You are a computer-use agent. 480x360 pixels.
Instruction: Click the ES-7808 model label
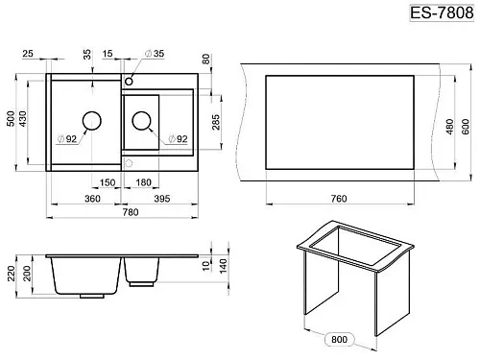pyautogui.click(x=442, y=13)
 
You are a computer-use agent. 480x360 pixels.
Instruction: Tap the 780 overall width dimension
pyautogui.click(x=131, y=212)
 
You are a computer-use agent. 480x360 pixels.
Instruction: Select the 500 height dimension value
pyautogui.click(x=11, y=119)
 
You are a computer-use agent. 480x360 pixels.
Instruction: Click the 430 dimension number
pyautogui.click(x=23, y=119)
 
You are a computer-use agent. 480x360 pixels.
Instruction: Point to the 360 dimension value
pyautogui.click(x=92, y=199)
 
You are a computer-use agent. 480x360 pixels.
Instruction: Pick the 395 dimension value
pyautogui.click(x=162, y=199)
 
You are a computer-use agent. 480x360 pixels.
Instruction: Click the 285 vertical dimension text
pyautogui.click(x=216, y=122)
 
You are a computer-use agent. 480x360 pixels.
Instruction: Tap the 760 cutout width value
pyautogui.click(x=339, y=199)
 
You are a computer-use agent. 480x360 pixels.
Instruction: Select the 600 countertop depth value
pyautogui.click(x=466, y=127)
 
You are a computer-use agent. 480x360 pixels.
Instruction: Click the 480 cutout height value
pyautogui.click(x=450, y=127)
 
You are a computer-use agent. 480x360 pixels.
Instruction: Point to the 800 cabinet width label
pyautogui.click(x=340, y=339)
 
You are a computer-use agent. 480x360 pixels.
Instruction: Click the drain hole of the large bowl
pyautogui.click(x=92, y=121)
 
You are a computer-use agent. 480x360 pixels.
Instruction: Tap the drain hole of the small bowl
pyautogui.click(x=141, y=121)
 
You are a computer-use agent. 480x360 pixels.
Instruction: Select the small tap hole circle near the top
pyautogui.click(x=129, y=82)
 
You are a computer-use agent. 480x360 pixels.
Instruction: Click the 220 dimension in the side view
pyautogui.click(x=12, y=274)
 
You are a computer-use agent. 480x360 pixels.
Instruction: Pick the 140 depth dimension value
pyautogui.click(x=223, y=266)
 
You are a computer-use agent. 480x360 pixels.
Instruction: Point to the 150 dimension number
pyautogui.click(x=108, y=182)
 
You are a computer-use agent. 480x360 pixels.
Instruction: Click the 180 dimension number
pyautogui.click(x=143, y=182)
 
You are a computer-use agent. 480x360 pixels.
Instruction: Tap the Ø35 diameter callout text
pyautogui.click(x=155, y=54)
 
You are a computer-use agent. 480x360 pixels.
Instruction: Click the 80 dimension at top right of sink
pyautogui.click(x=206, y=60)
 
